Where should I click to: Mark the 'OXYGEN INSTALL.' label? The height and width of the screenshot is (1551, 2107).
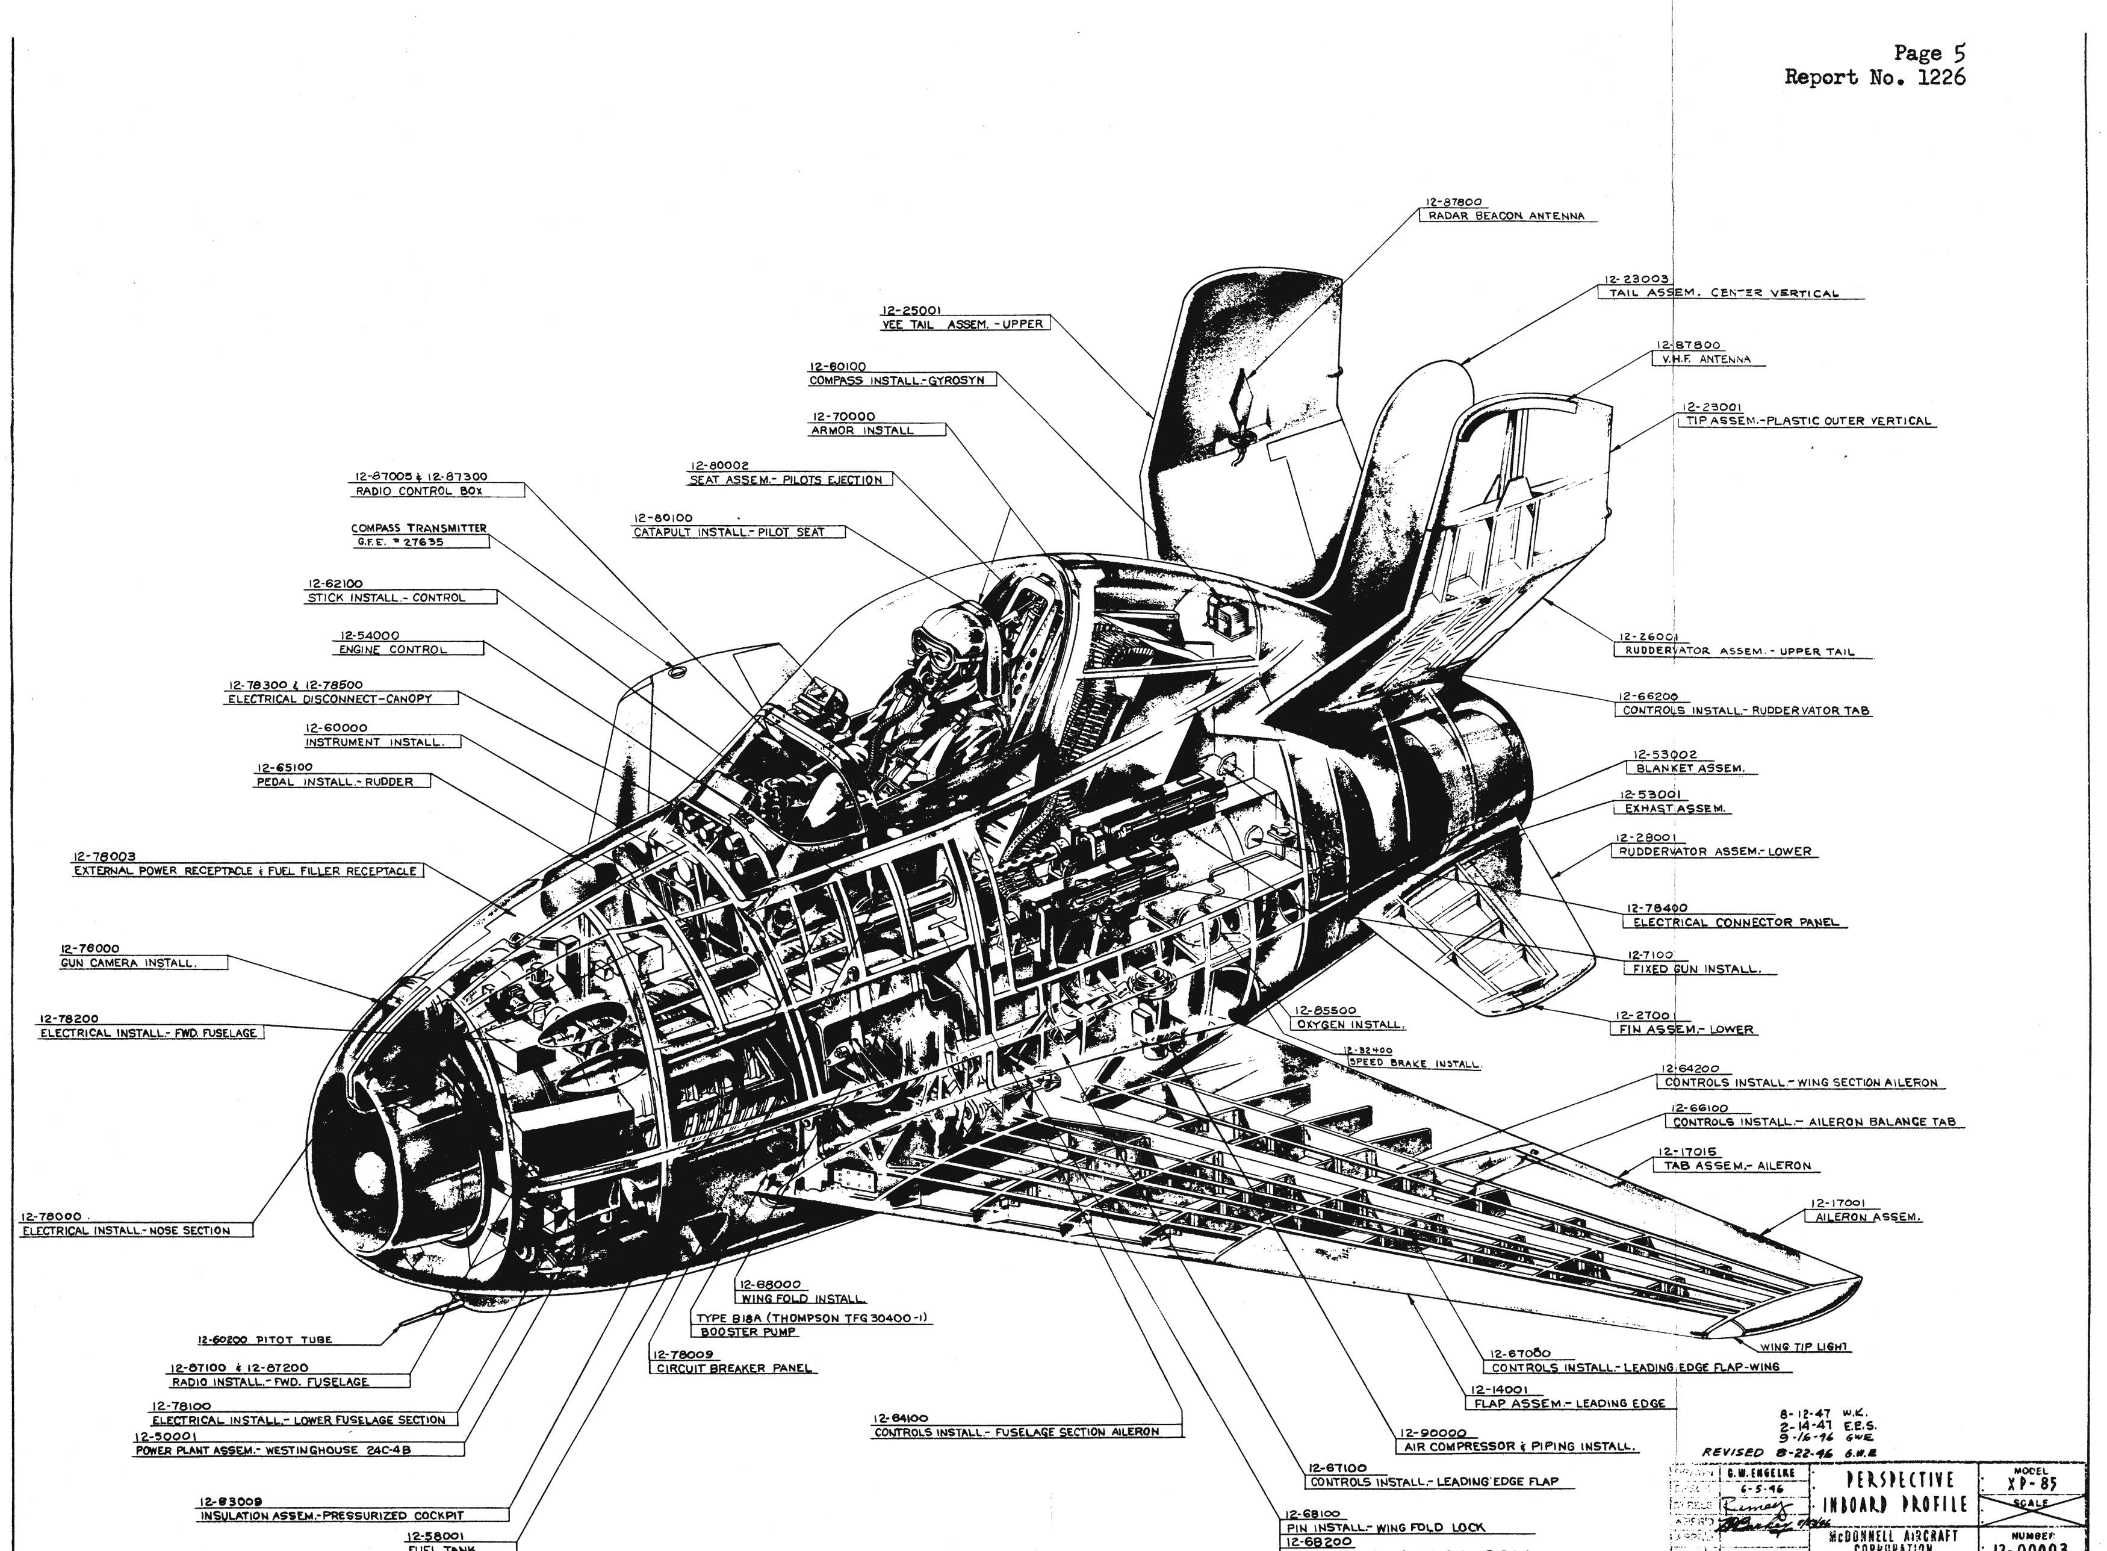click(x=1350, y=1024)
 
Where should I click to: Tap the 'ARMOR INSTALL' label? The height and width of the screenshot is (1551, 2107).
click(x=861, y=431)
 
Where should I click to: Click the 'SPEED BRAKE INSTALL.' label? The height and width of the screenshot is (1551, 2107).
click(x=1414, y=1064)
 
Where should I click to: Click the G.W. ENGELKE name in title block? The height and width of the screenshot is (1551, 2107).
click(x=1761, y=1473)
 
